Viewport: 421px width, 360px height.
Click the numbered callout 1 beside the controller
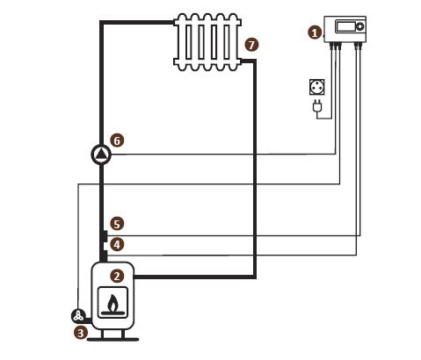tap(315, 32)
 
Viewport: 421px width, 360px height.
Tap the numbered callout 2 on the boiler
tap(117, 276)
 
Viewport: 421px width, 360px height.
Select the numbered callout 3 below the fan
tap(81, 333)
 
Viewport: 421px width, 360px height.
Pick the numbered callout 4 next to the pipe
tap(117, 244)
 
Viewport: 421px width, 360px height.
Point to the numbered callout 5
tap(117, 224)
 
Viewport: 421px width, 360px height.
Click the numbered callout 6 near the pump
tap(117, 140)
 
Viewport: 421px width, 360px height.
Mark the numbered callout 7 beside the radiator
tap(251, 45)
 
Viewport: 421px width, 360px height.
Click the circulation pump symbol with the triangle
tap(101, 155)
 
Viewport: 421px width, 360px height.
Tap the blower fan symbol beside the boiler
tap(78, 316)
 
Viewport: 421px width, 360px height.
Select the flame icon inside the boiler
tap(113, 303)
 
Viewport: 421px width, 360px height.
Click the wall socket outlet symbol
tap(317, 87)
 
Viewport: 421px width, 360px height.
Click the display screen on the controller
tap(345, 26)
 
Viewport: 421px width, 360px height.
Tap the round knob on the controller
tap(360, 26)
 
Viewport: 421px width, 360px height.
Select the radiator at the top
tap(207, 42)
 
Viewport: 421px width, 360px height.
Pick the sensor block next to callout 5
tap(104, 236)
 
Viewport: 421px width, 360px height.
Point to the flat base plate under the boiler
tap(113, 340)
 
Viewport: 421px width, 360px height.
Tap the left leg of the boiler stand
tap(103, 334)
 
